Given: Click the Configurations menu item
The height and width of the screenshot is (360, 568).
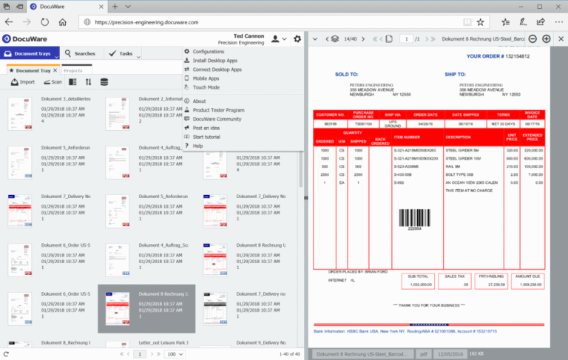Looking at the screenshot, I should [209, 51].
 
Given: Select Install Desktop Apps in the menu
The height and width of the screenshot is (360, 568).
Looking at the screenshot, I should [214, 60].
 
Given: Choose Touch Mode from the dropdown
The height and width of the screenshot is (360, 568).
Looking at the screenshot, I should [206, 86].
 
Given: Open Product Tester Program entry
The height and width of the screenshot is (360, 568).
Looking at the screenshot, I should [218, 109].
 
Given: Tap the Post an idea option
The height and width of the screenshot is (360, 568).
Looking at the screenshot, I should [208, 128].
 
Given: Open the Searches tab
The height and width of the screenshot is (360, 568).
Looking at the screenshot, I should [81, 54].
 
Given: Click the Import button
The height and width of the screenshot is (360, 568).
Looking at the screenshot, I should [23, 82].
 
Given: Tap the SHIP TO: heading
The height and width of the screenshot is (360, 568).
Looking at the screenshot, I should [455, 74].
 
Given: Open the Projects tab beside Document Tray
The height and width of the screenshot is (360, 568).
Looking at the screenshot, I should [72, 70].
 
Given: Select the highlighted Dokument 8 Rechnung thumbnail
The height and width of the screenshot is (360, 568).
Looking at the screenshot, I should [146, 309].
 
